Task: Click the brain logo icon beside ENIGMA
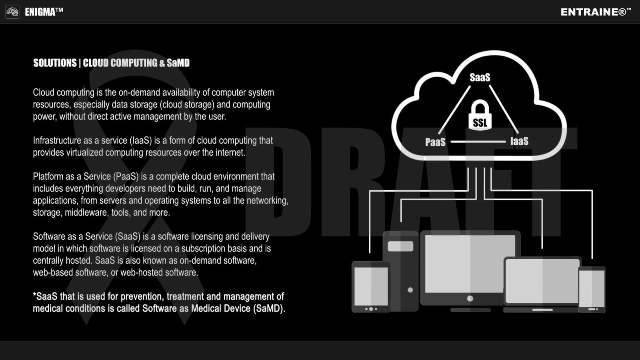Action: pyautogui.click(x=12, y=12)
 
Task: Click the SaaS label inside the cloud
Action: pyautogui.click(x=480, y=77)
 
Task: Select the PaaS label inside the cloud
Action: pyautogui.click(x=435, y=142)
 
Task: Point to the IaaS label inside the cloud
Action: pyautogui.click(x=519, y=141)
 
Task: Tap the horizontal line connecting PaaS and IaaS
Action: pyautogui.click(x=478, y=142)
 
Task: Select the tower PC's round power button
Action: pyautogui.click(x=410, y=290)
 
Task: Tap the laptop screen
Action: pyautogui.click(x=542, y=281)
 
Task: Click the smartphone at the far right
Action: pyautogui.click(x=592, y=289)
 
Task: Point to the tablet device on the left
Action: pyautogui.click(x=371, y=286)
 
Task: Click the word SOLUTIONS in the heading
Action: pyautogui.click(x=55, y=63)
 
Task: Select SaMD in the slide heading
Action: pyautogui.click(x=178, y=63)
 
